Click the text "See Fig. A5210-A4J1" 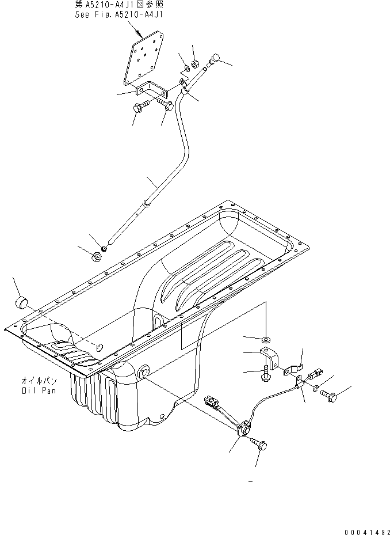118,16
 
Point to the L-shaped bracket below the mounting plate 149,92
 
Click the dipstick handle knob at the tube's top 216,58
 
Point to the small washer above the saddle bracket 266,337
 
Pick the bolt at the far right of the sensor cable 332,396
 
